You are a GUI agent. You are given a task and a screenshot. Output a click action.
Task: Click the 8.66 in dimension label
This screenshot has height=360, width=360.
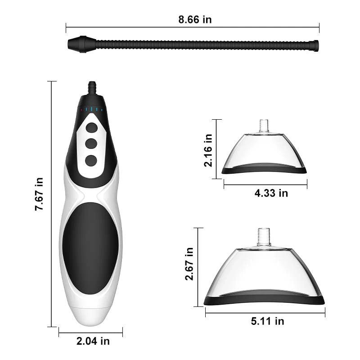point(195,19)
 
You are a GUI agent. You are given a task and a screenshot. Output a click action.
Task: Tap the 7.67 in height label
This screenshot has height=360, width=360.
point(39,194)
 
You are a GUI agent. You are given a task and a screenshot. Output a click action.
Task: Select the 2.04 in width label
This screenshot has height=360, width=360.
point(93,341)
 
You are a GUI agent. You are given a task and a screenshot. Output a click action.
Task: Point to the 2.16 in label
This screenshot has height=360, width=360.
point(208,150)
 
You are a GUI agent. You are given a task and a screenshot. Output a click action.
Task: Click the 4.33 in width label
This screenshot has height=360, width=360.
point(271,193)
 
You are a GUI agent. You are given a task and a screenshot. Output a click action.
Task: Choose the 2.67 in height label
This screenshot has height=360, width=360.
point(189,264)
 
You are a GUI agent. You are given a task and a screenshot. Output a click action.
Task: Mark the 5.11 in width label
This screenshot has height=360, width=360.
point(267,321)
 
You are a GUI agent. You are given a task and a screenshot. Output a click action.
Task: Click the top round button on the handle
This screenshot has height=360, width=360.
point(91,128)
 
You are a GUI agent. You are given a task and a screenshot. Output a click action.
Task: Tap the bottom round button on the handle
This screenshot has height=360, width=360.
point(91,161)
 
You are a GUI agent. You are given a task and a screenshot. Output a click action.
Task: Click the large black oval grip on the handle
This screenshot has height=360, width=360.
point(90,248)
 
